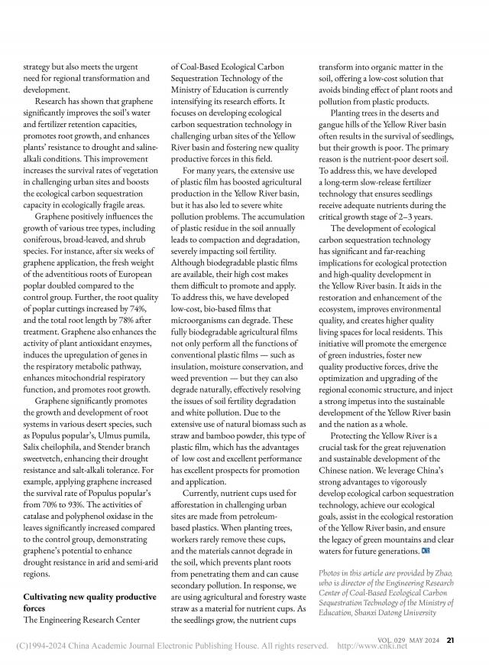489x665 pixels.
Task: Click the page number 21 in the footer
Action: point(451,641)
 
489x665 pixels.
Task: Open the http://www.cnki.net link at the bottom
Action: point(372,646)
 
